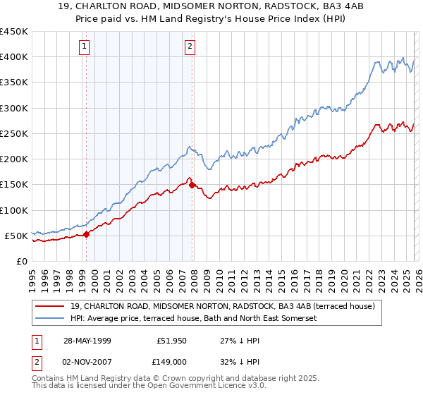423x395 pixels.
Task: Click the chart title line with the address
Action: pos(211,8)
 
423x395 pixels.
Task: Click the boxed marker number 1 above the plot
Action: pos(85,47)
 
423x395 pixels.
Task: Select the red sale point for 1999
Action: pos(87,234)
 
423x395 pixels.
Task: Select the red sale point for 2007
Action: pos(192,185)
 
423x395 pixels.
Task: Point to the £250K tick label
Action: pos(14,133)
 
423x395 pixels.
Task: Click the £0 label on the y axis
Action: pos(21,261)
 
